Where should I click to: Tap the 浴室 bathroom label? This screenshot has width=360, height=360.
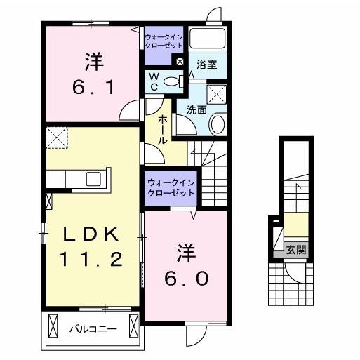(x=206, y=63)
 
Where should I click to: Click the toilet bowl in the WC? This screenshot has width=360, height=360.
(x=169, y=81)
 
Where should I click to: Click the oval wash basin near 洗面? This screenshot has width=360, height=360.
(x=218, y=126)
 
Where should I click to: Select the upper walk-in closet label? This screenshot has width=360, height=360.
(x=163, y=39)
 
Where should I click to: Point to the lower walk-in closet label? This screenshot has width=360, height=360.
(x=171, y=187)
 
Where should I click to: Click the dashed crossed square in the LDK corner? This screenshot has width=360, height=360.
(x=56, y=138)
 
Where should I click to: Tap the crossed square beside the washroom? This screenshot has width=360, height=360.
(x=217, y=93)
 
